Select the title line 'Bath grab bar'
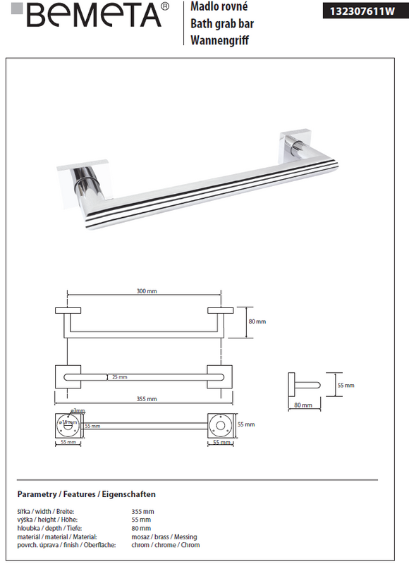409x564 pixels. pyautogui.click(x=222, y=24)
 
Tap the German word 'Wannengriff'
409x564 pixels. pyautogui.click(x=220, y=41)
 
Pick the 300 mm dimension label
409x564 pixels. pyautogui.click(x=147, y=291)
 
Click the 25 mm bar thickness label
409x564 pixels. pyautogui.click(x=119, y=377)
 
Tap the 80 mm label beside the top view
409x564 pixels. pyautogui.click(x=257, y=321)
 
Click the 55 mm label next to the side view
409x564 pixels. pyautogui.click(x=345, y=386)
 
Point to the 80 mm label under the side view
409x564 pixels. pyautogui.click(x=303, y=405)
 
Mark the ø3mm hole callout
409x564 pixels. pyautogui.click(x=78, y=411)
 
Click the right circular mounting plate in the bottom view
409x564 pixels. pyautogui.click(x=219, y=425)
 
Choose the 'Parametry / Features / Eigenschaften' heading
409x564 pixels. pyautogui.click(x=86, y=494)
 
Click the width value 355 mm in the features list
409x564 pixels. pyautogui.click(x=142, y=511)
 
